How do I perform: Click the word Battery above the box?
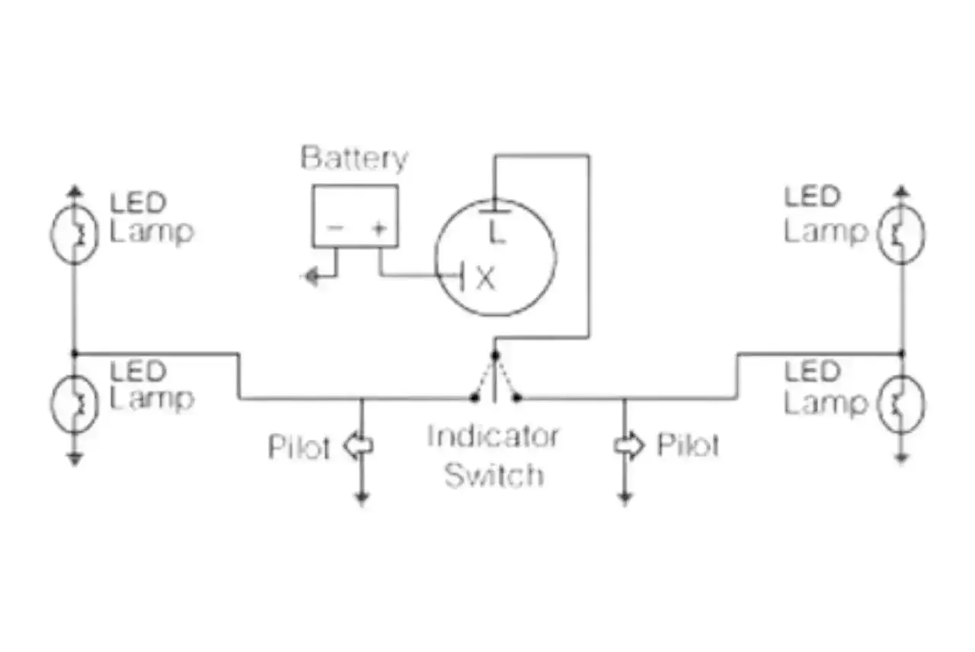[x=354, y=159]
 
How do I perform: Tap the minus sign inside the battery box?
[x=335, y=227]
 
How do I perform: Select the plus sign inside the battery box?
[x=379, y=228]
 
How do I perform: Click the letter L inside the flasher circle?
[x=497, y=231]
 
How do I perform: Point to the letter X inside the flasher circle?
[x=486, y=278]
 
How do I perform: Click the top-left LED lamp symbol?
[x=74, y=233]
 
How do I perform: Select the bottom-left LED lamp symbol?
[x=74, y=403]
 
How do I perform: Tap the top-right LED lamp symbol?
[x=901, y=233]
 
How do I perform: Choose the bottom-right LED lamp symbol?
[x=901, y=403]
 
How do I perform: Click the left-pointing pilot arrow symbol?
[x=358, y=445]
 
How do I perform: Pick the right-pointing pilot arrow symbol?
[x=629, y=445]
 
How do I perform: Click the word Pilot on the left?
[x=299, y=447]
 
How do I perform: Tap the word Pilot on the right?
[x=688, y=445]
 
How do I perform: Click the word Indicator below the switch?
[x=493, y=436]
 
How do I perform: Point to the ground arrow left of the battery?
[x=312, y=276]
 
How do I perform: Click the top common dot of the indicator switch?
[x=495, y=355]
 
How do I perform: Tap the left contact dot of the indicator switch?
[x=474, y=397]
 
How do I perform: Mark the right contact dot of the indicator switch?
[x=517, y=397]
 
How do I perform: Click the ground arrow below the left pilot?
[x=362, y=497]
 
